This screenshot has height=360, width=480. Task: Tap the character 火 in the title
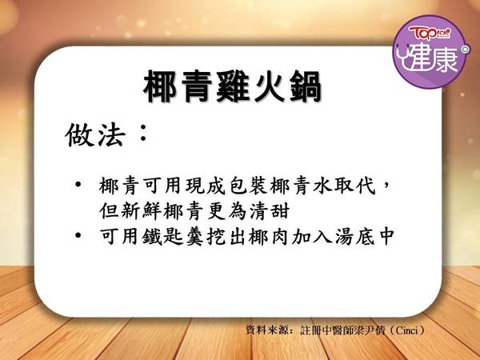[269, 87]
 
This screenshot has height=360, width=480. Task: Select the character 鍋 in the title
[304, 87]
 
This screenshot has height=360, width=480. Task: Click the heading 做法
[95, 135]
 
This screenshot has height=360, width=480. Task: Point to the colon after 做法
[142, 133]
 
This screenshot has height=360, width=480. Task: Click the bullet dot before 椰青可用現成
[78, 186]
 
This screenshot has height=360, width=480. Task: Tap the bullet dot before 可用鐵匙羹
[78, 236]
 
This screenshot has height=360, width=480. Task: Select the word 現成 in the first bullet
[206, 186]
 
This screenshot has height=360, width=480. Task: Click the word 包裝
[248, 186]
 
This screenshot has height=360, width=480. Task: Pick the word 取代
[354, 186]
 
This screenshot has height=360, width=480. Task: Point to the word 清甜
[270, 211]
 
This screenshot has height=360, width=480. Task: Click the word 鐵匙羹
[174, 237]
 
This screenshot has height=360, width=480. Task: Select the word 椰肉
[269, 237]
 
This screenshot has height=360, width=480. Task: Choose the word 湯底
[354, 237]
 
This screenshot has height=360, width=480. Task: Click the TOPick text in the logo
[429, 33]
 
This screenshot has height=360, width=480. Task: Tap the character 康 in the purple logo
[444, 59]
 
